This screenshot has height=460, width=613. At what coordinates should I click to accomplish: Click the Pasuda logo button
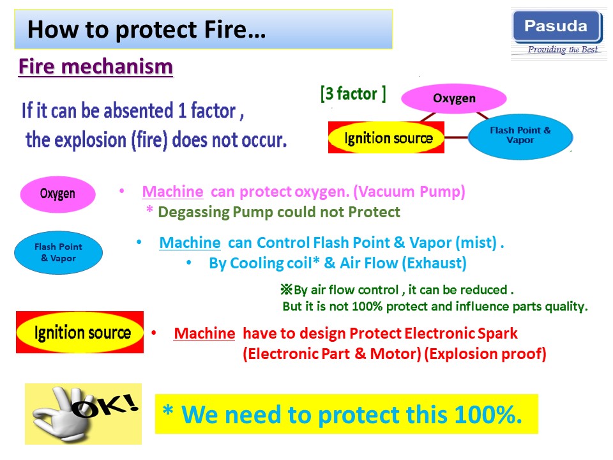(557, 27)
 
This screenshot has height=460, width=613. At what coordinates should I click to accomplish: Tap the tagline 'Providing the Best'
(563, 49)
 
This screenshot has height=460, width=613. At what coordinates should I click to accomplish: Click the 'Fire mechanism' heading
(96, 66)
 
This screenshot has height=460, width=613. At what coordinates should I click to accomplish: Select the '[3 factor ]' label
(353, 94)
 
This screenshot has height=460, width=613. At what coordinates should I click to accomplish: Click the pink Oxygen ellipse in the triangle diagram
(454, 98)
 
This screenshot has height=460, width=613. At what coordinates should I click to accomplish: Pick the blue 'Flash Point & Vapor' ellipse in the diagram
(520, 136)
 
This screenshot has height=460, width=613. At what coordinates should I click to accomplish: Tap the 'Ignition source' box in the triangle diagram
(386, 137)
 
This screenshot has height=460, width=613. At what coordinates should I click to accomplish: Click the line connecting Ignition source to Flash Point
(456, 137)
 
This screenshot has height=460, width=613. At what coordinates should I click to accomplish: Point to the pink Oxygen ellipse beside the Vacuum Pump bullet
(58, 194)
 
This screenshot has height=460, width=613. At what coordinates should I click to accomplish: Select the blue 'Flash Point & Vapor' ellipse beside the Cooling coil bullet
(58, 252)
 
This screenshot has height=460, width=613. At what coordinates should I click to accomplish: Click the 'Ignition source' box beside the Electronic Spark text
(80, 332)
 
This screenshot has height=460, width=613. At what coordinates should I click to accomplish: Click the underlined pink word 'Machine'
(173, 192)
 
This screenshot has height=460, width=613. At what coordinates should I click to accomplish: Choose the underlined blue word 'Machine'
(190, 243)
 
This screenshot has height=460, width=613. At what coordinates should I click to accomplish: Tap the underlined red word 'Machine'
(204, 333)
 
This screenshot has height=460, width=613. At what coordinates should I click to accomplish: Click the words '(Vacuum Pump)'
(409, 192)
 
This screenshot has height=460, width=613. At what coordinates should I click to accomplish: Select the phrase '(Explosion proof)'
(485, 354)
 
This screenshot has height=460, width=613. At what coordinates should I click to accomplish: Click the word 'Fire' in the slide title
(225, 30)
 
